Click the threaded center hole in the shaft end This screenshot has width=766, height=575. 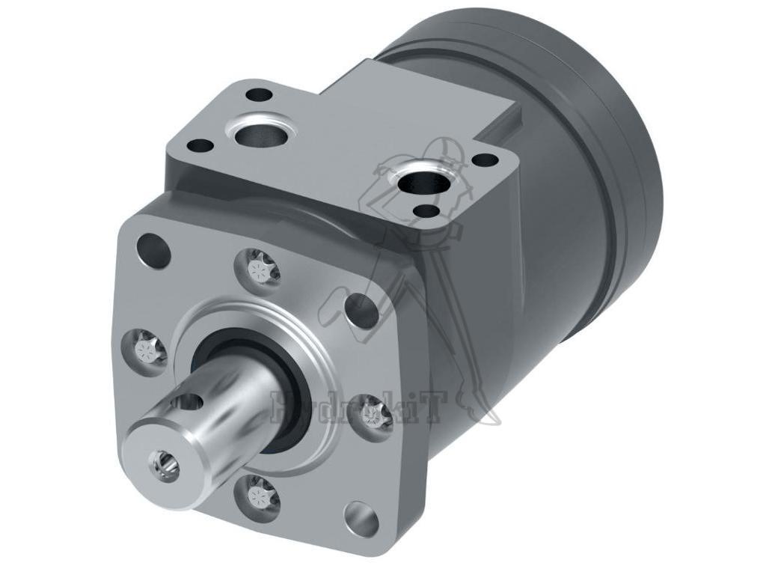click(164, 464)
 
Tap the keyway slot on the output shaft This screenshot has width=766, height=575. click(185, 404)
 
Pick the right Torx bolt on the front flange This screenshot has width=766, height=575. click(372, 413)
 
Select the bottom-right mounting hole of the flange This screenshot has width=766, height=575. click(361, 517)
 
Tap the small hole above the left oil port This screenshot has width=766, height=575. click(259, 95)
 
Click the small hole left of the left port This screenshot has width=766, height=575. click(199, 145)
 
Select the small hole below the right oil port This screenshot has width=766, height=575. click(426, 212)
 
